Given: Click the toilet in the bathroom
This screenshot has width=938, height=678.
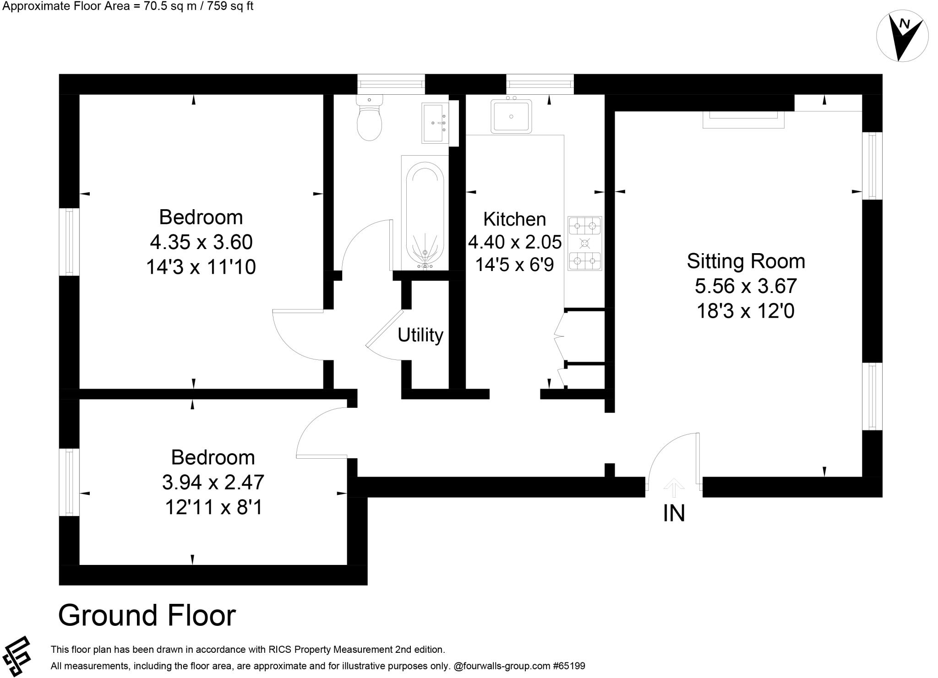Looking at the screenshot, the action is point(369,118).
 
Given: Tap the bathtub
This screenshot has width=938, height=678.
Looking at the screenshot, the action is point(425,213).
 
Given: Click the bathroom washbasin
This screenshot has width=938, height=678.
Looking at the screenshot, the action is point(435,123).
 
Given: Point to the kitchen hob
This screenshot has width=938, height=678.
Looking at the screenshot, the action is point(585,244).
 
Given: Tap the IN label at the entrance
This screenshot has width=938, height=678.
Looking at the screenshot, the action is point(674,514).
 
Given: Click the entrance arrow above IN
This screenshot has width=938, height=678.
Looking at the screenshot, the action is point(673,488).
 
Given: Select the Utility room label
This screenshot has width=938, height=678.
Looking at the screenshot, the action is point(420,335).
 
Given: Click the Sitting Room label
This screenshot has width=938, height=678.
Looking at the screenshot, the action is point(746,261).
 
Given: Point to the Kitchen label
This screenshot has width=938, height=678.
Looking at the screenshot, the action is point(515,219).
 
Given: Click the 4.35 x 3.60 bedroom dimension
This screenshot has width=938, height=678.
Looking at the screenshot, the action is point(201,242).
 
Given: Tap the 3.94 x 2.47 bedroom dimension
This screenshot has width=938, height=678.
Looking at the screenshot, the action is point(213,482).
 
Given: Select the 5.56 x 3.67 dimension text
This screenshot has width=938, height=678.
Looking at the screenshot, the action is point(746,286).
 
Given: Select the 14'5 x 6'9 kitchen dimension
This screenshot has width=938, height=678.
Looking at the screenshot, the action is point(515,265).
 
